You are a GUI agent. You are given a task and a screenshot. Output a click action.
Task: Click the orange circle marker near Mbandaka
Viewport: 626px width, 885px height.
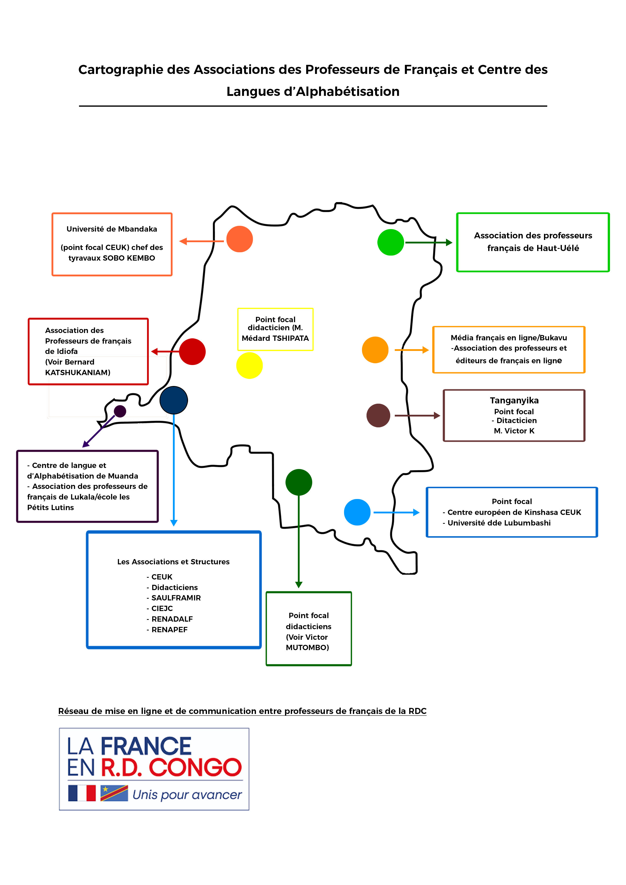(240, 239)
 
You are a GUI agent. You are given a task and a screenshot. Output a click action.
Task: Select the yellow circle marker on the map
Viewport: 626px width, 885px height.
(250, 365)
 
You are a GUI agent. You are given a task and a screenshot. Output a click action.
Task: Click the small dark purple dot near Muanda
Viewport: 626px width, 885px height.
(120, 411)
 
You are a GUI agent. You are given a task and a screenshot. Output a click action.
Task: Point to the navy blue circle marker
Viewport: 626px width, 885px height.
(174, 400)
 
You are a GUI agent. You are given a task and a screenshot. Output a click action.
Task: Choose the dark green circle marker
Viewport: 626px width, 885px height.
(299, 482)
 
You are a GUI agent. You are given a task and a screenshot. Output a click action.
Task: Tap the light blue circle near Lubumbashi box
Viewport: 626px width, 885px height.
(357, 512)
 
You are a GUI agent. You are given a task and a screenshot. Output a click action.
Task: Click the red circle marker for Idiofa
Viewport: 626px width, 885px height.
(192, 351)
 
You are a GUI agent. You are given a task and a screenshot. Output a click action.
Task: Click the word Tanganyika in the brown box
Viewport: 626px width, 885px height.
(514, 400)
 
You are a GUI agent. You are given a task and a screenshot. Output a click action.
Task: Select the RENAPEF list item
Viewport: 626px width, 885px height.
(169, 629)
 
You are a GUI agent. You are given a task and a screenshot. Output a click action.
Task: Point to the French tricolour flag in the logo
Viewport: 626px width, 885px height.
(82, 793)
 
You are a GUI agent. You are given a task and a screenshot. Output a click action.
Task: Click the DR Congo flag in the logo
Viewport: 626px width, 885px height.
(114, 793)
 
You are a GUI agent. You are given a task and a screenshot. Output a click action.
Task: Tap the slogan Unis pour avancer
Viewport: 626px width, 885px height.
(187, 794)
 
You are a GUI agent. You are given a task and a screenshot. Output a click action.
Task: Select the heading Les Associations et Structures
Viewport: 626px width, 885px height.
(173, 562)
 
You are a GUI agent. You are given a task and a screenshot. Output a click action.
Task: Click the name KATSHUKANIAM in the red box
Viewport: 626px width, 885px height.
(77, 372)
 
